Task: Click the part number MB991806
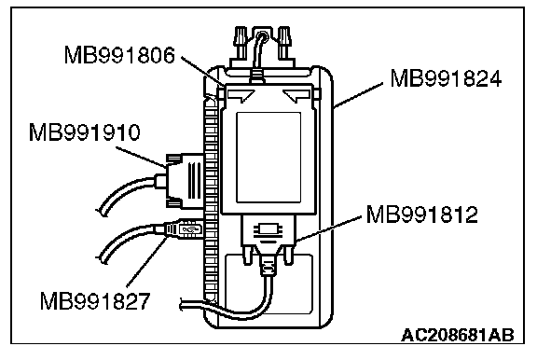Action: [119, 55]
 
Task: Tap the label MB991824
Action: [446, 78]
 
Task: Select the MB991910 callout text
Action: [85, 132]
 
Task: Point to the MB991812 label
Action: [421, 215]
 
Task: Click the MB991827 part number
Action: [95, 301]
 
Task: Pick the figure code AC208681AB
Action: [458, 335]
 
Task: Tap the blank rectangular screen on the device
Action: [268, 158]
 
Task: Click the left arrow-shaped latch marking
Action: [241, 95]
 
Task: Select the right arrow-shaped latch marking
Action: [297, 95]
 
